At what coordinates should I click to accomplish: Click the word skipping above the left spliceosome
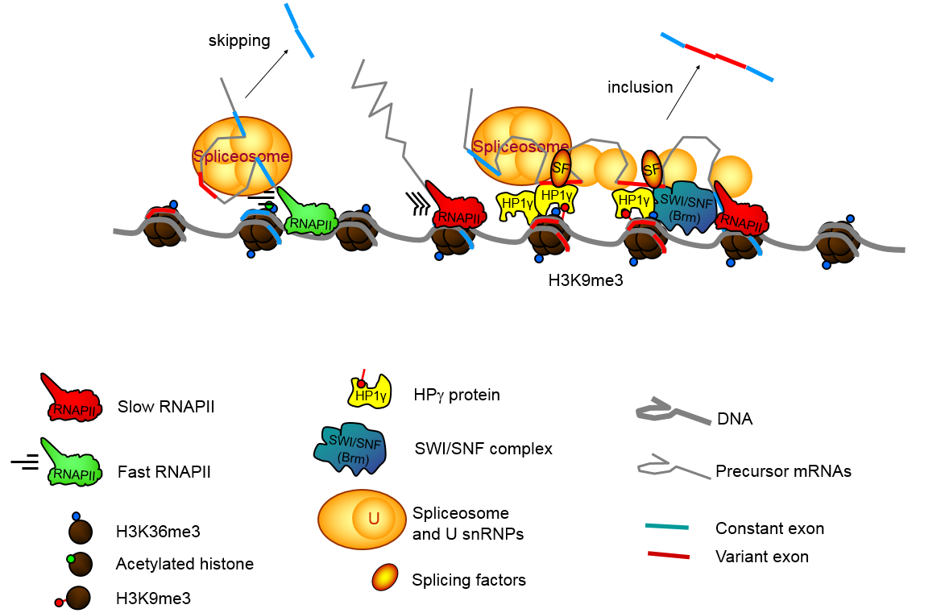pyautogui.click(x=238, y=40)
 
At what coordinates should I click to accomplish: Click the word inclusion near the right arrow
pyautogui.click(x=640, y=87)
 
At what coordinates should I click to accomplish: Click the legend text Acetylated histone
pyautogui.click(x=185, y=564)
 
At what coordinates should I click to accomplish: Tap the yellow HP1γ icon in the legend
pyautogui.click(x=368, y=391)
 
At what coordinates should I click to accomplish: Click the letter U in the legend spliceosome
pyautogui.click(x=373, y=520)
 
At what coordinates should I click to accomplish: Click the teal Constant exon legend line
pyautogui.click(x=666, y=528)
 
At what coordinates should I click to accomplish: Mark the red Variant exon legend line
pyautogui.click(x=666, y=555)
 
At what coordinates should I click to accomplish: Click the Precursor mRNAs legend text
pyautogui.click(x=783, y=471)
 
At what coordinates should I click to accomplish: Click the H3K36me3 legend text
pyautogui.click(x=158, y=532)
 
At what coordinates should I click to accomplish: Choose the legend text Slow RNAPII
pyautogui.click(x=166, y=406)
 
